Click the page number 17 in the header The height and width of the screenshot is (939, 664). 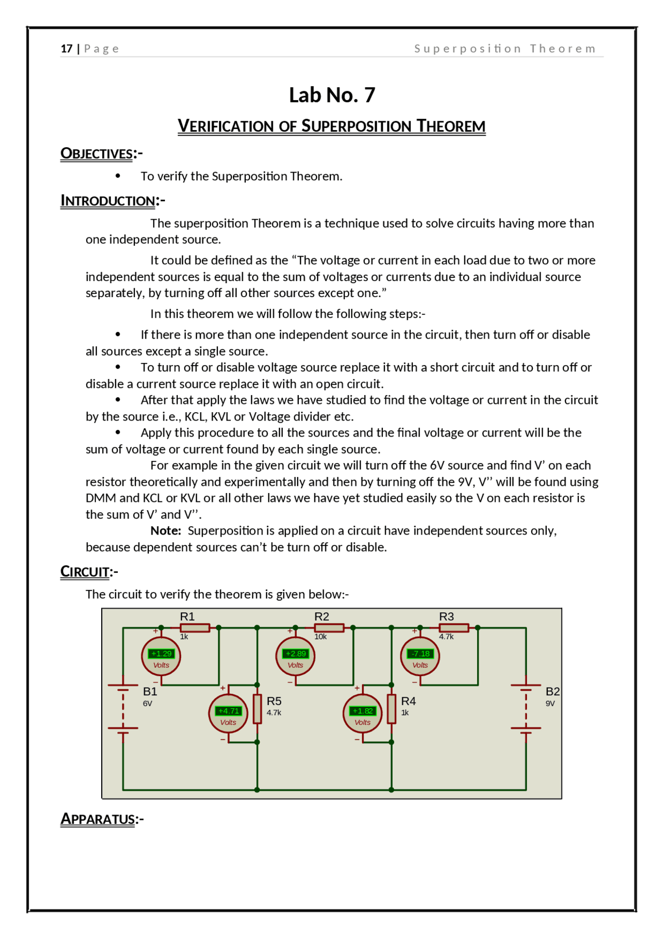66,49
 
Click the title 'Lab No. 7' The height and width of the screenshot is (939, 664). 332,95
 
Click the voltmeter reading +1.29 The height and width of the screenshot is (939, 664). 161,654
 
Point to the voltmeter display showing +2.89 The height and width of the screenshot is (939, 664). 296,654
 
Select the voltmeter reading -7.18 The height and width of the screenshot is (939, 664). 420,654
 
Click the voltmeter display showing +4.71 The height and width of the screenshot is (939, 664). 228,711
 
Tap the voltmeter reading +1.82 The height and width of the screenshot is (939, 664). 363,711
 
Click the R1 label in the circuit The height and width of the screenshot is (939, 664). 187,616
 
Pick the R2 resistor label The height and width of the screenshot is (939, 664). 322,616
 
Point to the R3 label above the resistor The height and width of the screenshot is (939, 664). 447,616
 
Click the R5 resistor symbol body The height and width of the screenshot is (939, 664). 257,709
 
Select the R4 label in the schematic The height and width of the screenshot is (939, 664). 408,701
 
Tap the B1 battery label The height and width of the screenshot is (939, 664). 150,691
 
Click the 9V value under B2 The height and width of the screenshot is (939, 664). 550,704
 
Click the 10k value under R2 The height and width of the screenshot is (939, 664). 321,637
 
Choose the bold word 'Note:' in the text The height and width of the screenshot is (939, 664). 166,531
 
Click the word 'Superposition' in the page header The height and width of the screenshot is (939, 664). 468,49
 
